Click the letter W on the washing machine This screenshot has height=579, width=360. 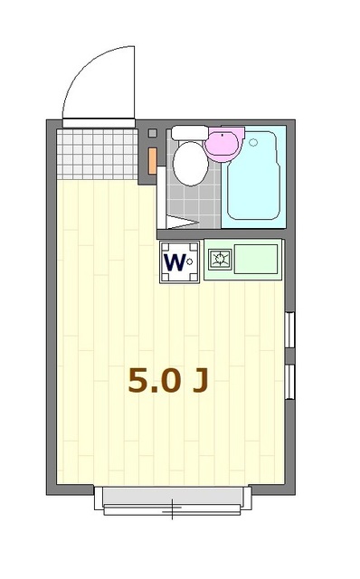tap(174, 262)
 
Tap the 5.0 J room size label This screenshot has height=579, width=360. tap(167, 380)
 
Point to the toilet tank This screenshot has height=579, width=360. tap(188, 133)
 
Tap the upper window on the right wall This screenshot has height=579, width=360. tap(289, 329)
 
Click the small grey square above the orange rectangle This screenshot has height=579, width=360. tap(151, 134)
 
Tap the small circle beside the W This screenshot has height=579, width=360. tap(192, 263)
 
